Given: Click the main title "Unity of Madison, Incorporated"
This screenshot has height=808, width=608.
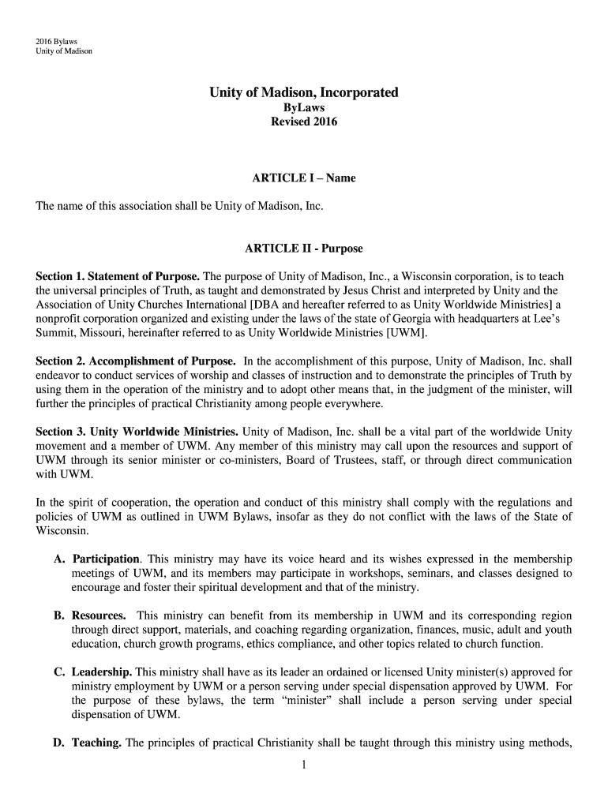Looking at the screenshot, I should coord(303,93).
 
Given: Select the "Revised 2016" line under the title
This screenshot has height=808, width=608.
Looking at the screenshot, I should coord(303,122).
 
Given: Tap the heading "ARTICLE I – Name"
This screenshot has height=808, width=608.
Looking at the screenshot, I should coord(303,178).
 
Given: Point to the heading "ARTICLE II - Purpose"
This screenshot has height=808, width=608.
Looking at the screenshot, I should coord(303,249).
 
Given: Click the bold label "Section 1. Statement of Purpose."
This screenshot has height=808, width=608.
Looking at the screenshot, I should coord(118,277).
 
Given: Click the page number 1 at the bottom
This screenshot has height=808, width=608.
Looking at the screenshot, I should coord(303,764).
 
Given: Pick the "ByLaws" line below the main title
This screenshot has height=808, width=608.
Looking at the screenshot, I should coord(303,108).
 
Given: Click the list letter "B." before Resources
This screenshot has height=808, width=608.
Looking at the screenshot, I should coord(60,615).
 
